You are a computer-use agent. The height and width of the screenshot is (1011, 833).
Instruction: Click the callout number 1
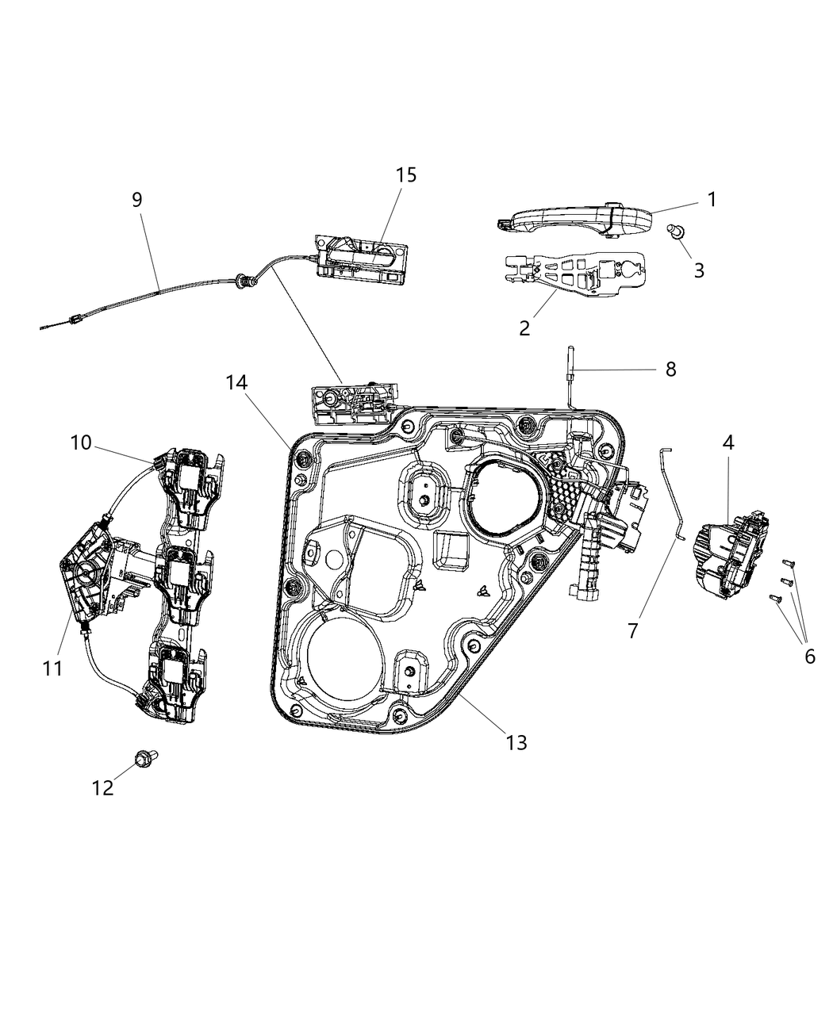(711, 199)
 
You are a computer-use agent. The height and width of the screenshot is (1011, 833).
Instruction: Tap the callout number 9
(137, 199)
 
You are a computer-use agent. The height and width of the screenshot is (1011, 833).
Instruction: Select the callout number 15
(405, 175)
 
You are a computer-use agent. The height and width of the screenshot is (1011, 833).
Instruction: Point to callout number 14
(236, 382)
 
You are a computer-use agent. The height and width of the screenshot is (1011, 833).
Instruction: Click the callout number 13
(516, 742)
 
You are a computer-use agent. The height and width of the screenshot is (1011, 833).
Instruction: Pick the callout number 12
(102, 787)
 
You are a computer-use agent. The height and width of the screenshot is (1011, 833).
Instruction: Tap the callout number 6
(809, 657)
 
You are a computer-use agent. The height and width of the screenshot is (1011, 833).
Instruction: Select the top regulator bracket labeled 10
(188, 485)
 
